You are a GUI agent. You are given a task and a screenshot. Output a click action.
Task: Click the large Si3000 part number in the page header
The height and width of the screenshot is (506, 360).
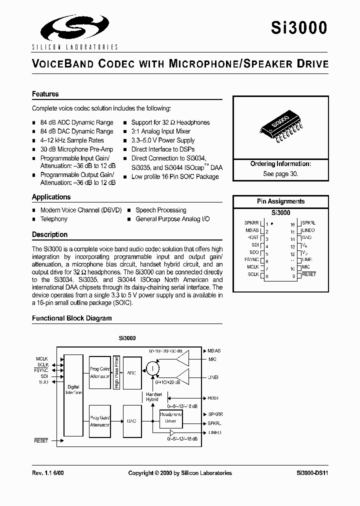coord(299,27)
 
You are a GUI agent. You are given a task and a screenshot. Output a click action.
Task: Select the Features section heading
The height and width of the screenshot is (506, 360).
coord(45,94)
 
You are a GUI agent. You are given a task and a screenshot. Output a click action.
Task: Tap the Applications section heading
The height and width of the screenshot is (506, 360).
coord(51,197)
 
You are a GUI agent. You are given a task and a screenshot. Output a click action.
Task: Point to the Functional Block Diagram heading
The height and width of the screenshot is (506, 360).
coord(72,318)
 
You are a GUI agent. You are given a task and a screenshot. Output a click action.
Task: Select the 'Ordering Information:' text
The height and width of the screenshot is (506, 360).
coord(280,164)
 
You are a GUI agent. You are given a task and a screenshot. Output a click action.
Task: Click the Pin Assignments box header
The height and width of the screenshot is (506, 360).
coord(280,201)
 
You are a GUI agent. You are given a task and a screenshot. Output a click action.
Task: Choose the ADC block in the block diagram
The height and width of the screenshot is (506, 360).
coord(132,373)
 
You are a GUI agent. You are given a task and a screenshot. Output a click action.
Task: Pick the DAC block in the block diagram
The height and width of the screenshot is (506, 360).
coord(132,421)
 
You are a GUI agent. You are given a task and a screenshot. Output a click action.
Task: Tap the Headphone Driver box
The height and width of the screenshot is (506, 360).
coord(170,418)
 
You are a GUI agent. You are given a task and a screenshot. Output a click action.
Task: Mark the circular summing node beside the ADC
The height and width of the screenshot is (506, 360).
coord(152,369)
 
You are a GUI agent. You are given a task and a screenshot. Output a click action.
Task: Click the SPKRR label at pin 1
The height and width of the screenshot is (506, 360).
coord(251,223)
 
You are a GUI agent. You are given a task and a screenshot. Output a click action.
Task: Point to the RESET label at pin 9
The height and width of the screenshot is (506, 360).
coord(309,274)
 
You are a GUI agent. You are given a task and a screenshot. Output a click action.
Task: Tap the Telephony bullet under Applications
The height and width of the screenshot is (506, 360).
coord(53,219)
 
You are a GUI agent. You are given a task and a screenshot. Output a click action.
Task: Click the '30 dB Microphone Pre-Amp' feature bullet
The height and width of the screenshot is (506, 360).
coord(76,149)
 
